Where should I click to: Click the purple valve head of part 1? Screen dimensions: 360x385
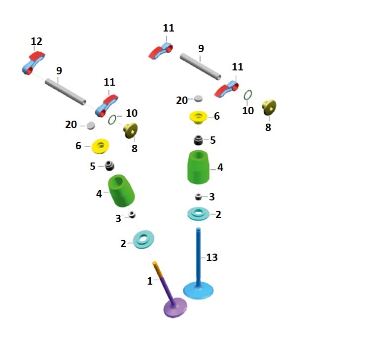tap(175, 307)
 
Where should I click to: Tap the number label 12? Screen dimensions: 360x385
tap(36, 41)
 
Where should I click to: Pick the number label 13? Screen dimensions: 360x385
tap(211, 257)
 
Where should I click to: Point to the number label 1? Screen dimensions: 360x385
tap(149, 281)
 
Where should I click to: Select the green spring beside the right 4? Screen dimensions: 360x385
tap(199, 167)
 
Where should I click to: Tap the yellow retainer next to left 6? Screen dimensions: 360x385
tap(101, 146)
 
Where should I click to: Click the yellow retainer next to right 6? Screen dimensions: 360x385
tap(199, 117)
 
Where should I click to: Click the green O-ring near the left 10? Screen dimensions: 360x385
tap(112, 119)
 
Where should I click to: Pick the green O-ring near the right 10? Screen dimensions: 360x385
tap(249, 95)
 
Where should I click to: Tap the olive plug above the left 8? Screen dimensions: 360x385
tap(131, 130)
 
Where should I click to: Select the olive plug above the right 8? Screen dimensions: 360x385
tap(269, 106)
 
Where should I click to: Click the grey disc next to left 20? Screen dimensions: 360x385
tap(91, 126)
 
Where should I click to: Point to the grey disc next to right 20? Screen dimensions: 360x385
tap(198, 99)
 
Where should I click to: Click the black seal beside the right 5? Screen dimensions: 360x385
tap(199, 140)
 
